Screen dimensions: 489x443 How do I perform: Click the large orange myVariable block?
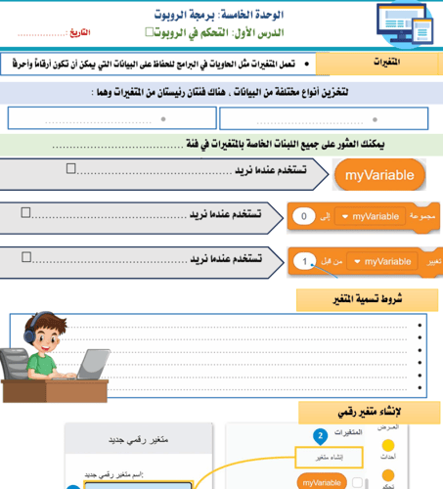point(380,175)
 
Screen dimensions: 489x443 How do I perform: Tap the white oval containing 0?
point(305,216)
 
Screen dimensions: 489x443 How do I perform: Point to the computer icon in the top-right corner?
point(402,23)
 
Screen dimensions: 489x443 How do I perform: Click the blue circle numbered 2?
point(319,435)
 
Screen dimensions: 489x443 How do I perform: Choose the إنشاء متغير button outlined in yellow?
point(328,457)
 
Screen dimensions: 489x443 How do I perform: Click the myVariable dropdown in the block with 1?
point(382,261)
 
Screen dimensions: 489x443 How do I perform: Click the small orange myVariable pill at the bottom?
point(322,482)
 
